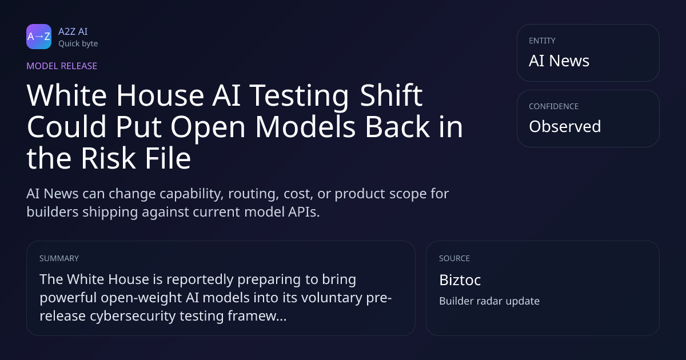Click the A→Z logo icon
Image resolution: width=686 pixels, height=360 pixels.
pos(39,37)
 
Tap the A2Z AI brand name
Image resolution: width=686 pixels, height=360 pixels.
pos(73,31)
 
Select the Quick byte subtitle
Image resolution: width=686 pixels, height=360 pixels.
pos(78,44)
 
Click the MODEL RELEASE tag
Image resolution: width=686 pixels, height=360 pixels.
pos(62,66)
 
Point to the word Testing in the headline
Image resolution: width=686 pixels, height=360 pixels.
pos(299,97)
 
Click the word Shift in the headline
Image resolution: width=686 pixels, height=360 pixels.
pos(391,95)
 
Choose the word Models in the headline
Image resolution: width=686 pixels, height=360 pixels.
pos(305,126)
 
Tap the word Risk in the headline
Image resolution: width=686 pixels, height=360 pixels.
pos(108,158)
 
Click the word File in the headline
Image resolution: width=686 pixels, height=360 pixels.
pos(168,158)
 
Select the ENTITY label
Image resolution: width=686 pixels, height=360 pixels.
pos(542,41)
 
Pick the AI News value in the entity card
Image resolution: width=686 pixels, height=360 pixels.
pos(559,61)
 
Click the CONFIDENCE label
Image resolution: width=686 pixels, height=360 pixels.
pos(554,106)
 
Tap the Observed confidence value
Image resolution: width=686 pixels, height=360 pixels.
pos(565,126)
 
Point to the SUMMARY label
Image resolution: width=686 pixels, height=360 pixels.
pos(59,258)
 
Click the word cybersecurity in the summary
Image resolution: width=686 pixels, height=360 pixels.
pos(133,316)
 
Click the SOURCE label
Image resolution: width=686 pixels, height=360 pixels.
pos(454,258)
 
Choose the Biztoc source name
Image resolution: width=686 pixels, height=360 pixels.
pos(460,280)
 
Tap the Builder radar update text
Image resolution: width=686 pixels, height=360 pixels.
pos(489,301)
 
